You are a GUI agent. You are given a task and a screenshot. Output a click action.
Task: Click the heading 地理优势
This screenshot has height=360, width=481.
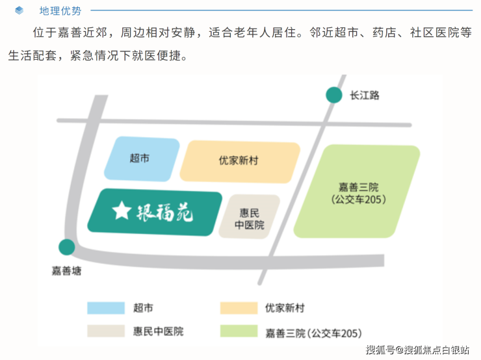(60, 11)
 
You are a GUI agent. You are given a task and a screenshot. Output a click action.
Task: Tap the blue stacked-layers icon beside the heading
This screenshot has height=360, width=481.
(19, 10)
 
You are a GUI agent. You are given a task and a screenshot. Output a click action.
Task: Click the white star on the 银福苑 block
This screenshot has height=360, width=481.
(122, 211)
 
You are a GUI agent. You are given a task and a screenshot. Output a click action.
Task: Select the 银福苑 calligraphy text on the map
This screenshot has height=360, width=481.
(164, 212)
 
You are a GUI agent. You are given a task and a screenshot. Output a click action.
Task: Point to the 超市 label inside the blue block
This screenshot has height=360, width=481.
(140, 158)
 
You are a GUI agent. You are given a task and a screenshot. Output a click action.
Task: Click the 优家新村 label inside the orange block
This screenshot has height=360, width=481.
(239, 161)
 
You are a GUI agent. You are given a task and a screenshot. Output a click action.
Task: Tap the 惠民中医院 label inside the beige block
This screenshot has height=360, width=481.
(249, 219)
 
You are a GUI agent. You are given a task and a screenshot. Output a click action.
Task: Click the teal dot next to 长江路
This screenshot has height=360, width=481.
(333, 95)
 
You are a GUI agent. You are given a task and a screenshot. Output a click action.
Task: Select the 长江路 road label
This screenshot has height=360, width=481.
(365, 96)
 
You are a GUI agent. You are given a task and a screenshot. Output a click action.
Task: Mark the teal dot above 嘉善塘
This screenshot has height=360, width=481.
(66, 247)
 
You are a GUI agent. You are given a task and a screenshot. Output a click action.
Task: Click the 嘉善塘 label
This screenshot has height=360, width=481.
(66, 271)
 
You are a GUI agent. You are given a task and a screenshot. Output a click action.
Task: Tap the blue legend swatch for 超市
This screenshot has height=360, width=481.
(106, 308)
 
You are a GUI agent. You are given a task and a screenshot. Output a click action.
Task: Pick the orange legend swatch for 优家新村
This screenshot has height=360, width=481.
(239, 308)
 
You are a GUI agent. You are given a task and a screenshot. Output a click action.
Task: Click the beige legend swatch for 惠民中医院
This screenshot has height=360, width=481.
(106, 331)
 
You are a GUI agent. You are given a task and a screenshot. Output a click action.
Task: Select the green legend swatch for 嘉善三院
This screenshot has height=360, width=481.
(239, 331)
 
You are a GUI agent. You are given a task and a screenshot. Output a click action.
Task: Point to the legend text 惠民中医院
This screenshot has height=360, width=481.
(158, 331)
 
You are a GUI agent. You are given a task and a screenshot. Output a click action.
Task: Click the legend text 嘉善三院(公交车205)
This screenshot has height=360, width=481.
(313, 333)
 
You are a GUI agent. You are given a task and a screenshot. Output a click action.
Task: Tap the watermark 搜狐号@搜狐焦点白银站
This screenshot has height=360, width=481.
(417, 350)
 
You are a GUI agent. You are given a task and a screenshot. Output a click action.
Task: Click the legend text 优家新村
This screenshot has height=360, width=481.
(285, 308)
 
